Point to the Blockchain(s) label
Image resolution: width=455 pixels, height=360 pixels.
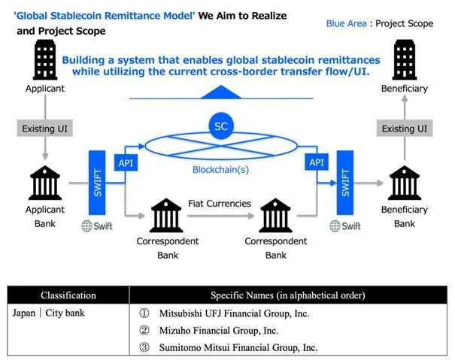[221, 169]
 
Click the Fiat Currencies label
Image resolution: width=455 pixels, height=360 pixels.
[219, 203]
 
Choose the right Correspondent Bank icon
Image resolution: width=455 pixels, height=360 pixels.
[276, 216]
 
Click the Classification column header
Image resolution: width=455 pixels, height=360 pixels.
[68, 295]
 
